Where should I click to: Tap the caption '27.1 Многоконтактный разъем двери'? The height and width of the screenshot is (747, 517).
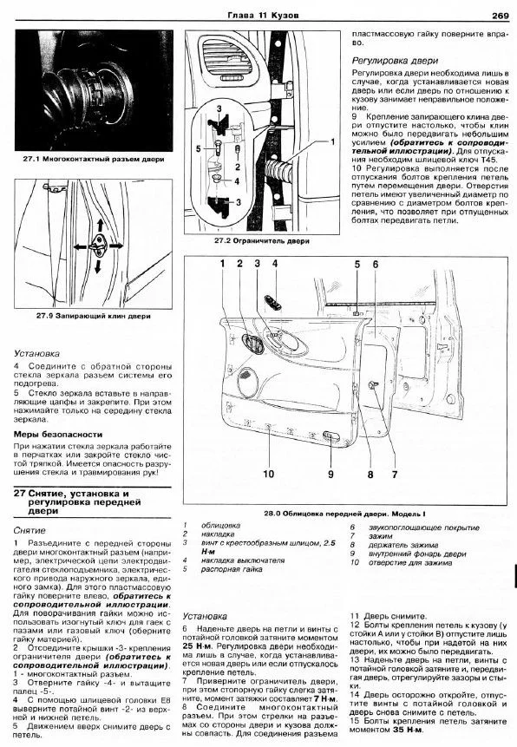tap(94, 159)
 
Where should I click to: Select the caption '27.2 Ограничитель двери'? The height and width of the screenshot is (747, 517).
tap(262, 241)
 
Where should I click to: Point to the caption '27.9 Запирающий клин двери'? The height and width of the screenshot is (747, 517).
tap(94, 316)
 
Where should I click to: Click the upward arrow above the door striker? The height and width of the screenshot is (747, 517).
tap(99, 226)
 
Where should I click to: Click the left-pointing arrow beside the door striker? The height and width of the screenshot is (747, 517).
tap(81, 246)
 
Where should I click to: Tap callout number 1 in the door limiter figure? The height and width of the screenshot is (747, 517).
tap(332, 142)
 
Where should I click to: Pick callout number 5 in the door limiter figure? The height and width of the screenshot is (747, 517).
tap(199, 148)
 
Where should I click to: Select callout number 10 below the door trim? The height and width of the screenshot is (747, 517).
tap(269, 474)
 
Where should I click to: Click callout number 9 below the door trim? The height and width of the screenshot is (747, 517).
tap(330, 474)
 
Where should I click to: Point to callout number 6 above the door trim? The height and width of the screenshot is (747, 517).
tap(376, 265)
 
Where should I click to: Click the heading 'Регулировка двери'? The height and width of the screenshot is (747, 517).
tap(395, 61)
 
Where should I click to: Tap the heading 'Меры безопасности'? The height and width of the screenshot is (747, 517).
tap(57, 435)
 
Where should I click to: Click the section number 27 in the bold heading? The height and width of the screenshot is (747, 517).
tap(19, 494)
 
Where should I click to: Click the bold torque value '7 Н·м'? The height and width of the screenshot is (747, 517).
tap(325, 699)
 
